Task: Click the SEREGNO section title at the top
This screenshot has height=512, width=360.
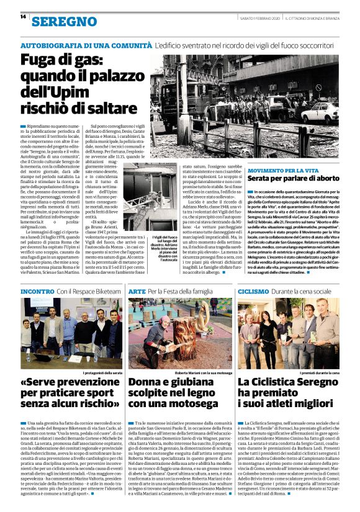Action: point(60,21)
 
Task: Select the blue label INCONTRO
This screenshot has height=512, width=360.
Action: point(37,291)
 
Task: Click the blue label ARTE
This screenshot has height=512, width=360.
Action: point(137,291)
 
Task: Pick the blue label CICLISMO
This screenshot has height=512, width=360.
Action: point(253,291)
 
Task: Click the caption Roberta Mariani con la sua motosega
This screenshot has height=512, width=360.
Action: point(203,373)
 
